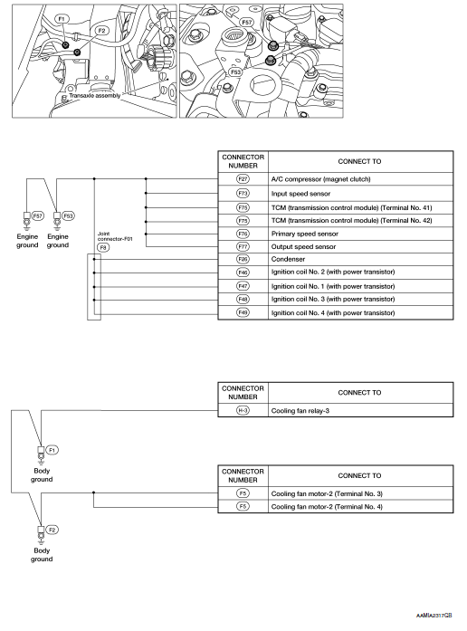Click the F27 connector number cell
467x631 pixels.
(x=242, y=179)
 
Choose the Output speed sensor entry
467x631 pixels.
(x=304, y=245)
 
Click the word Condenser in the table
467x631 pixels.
(x=289, y=258)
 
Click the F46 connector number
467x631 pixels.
(x=242, y=272)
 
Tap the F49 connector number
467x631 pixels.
(x=242, y=311)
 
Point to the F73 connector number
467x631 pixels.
(x=242, y=193)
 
